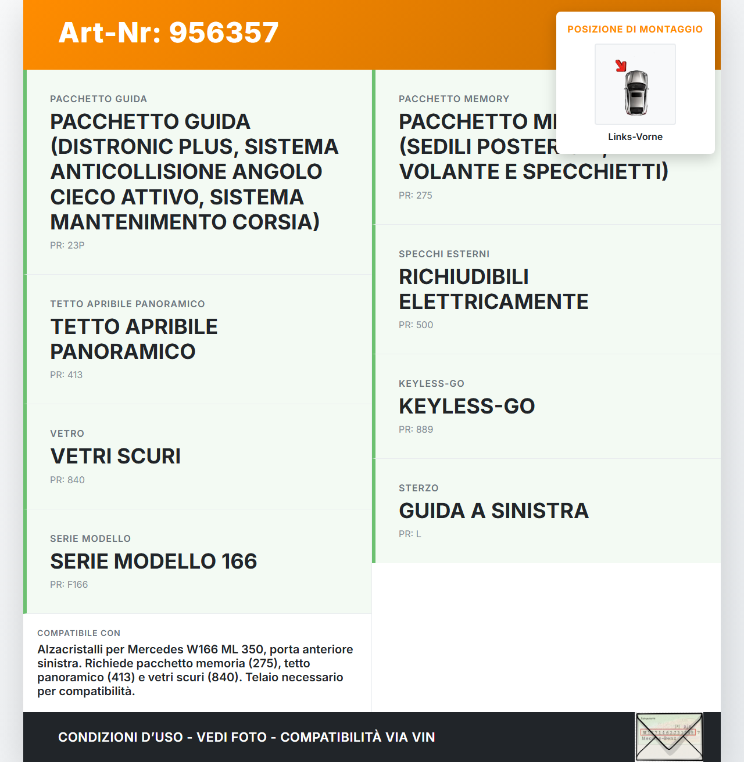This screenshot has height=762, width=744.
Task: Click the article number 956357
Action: (224, 33)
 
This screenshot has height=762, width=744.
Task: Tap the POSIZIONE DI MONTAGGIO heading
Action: (635, 29)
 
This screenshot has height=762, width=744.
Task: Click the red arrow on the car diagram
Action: (621, 66)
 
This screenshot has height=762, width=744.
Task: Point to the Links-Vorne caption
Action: (635, 136)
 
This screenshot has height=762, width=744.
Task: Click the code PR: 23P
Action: (67, 245)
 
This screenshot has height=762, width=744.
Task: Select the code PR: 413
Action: (66, 375)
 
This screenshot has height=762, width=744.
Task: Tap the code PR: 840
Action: (67, 480)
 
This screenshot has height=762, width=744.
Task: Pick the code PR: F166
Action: (69, 584)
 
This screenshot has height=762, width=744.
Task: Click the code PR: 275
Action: (415, 195)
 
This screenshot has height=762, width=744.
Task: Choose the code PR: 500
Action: (416, 325)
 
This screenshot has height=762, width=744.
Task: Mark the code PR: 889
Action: (416, 429)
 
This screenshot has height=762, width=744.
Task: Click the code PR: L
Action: (409, 534)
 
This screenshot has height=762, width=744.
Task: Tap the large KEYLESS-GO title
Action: (466, 406)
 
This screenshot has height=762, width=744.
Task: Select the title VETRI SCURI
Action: (115, 456)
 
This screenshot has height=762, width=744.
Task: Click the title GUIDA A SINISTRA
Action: (493, 511)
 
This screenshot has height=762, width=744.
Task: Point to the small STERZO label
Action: (419, 488)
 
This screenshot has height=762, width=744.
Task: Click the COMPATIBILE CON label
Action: (78, 633)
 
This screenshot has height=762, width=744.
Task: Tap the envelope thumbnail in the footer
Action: (668, 736)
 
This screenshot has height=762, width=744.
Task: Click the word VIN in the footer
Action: (423, 737)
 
